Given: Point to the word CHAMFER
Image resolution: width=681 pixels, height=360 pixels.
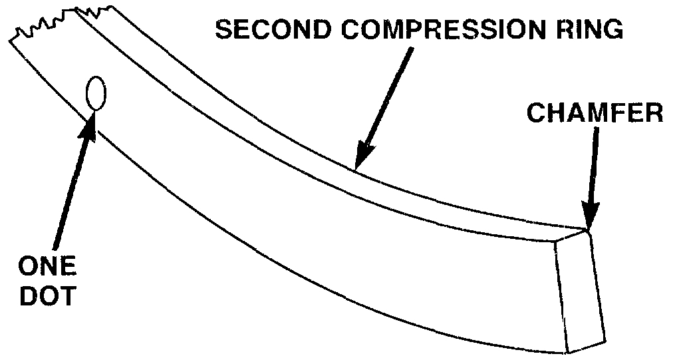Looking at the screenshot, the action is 595,112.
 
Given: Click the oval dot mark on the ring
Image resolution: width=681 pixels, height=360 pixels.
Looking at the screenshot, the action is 95,93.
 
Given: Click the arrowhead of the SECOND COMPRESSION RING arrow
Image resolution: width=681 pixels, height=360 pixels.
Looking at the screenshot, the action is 362,157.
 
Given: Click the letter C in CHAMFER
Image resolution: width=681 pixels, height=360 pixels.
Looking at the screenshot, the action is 536,112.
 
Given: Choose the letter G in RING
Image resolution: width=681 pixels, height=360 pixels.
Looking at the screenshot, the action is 615,31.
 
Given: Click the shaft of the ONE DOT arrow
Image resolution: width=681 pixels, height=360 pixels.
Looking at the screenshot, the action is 72,193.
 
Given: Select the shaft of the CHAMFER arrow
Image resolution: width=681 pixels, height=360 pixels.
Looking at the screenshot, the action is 593,166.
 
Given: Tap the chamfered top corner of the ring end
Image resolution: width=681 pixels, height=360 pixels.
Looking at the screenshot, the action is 588,231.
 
